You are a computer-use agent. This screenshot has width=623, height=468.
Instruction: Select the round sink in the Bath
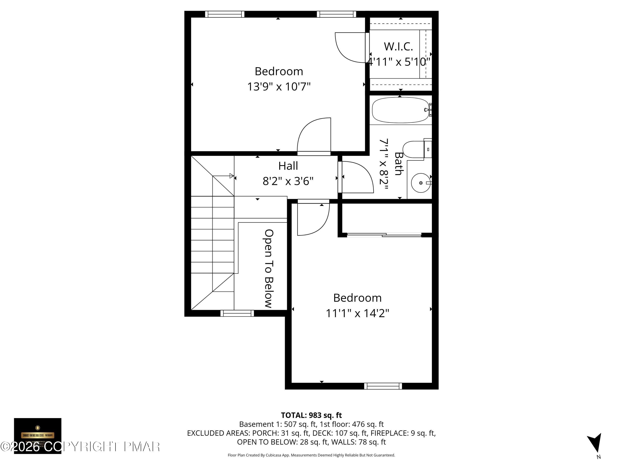click(x=421, y=183)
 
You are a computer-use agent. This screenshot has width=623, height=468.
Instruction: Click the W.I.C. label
click(x=398, y=47)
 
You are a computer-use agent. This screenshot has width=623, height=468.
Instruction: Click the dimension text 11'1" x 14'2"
click(x=357, y=313)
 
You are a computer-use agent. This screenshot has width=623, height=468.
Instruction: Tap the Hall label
click(x=288, y=166)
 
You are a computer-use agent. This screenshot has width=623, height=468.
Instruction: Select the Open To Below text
click(x=269, y=268)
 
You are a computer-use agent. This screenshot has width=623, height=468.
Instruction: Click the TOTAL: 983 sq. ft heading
click(x=311, y=415)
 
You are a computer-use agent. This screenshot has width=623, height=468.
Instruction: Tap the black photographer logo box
click(x=38, y=436)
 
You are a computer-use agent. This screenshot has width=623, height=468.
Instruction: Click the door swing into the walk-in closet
click(x=349, y=48)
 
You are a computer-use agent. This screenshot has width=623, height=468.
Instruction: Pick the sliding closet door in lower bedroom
click(x=384, y=234)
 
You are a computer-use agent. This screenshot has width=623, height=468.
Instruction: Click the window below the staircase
click(x=237, y=313)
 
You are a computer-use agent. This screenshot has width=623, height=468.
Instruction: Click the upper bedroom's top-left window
click(x=224, y=14)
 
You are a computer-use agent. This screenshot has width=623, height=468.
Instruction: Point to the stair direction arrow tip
click(x=232, y=176)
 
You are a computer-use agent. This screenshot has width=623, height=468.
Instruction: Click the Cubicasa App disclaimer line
click(x=311, y=455)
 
